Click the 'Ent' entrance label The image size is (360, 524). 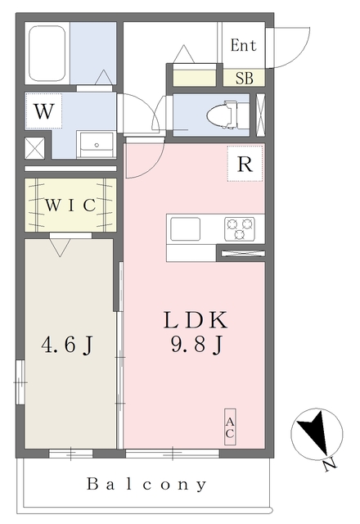pos(243,45)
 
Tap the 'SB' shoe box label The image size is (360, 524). pos(244,79)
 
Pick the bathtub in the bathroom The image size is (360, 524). pos(47,53)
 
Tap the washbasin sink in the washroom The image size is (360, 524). pos(97,144)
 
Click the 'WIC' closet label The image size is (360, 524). pos(70,204)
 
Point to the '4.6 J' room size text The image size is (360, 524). pos(66,346)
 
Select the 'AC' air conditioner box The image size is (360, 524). pos(231,427)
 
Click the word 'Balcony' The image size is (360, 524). pos(147,484)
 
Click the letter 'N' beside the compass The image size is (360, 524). pos(329,465)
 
